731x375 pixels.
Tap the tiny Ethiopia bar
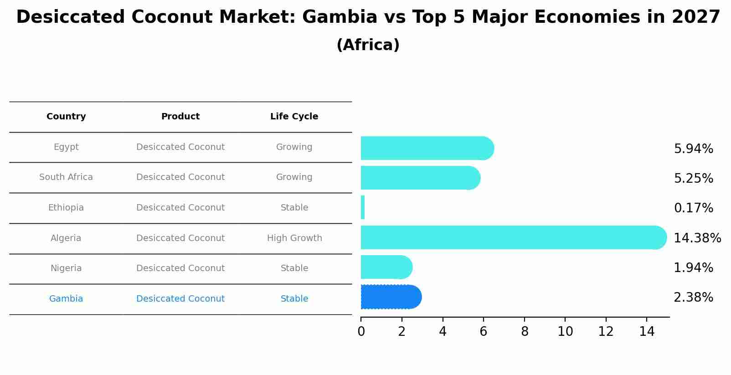pyautogui.click(x=363, y=208)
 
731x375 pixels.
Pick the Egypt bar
pyautogui.click(x=427, y=148)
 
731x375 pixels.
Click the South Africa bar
pyautogui.click(x=420, y=178)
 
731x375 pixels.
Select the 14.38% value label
pyautogui.click(x=697, y=238)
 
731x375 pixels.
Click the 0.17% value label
pyautogui.click(x=693, y=208)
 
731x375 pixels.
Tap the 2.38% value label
pyautogui.click(x=693, y=298)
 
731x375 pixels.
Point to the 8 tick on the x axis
pyautogui.click(x=525, y=332)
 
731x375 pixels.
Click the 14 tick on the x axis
pyautogui.click(x=647, y=332)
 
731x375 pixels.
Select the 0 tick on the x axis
pyautogui.click(x=361, y=332)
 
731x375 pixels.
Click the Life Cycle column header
pyautogui.click(x=294, y=117)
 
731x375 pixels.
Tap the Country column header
pyautogui.click(x=66, y=117)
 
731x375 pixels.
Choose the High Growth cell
pyautogui.click(x=294, y=238)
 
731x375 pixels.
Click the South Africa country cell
pyautogui.click(x=66, y=177)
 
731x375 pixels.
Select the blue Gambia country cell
pyautogui.click(x=66, y=299)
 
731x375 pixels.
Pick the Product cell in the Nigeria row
pyautogui.click(x=180, y=268)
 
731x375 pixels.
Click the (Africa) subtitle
pyautogui.click(x=368, y=45)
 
